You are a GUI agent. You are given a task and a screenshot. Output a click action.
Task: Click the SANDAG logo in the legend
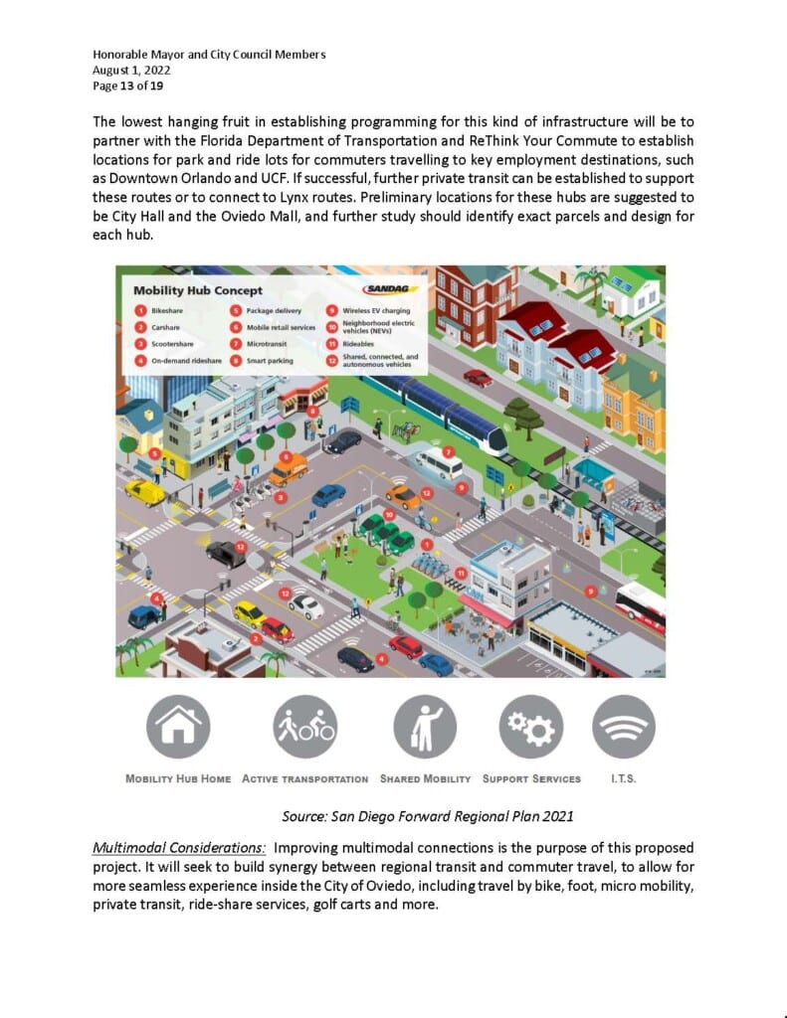click(390, 290)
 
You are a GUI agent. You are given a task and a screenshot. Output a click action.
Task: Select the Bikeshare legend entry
click(163, 310)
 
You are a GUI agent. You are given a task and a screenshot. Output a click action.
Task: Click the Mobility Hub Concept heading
click(199, 290)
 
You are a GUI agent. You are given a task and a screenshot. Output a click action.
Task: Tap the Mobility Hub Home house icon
click(178, 727)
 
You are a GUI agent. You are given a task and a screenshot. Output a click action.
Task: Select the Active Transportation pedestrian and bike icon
click(304, 727)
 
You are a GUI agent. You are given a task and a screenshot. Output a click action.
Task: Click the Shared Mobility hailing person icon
click(425, 727)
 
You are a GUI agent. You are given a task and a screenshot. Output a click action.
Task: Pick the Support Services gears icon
click(530, 727)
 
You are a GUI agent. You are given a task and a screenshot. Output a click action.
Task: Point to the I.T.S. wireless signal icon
click(624, 727)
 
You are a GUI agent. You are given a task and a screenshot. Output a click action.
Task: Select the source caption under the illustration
click(428, 816)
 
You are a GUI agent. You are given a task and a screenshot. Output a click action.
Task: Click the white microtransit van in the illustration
click(439, 464)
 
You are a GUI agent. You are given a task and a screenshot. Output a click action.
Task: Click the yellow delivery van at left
click(145, 491)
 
